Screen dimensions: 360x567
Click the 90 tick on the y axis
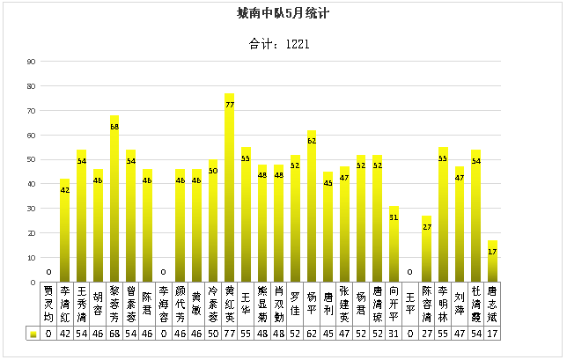pyautogui.click(x=31, y=62)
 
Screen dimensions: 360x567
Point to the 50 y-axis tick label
pyautogui.click(x=31, y=159)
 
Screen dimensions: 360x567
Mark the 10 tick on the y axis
pyautogui.click(x=31, y=258)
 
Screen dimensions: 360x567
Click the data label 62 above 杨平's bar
pyautogui.click(x=312, y=141)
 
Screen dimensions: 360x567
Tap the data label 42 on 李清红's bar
pyautogui.click(x=65, y=190)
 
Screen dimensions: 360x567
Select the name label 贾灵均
pyautogui.click(x=48, y=304)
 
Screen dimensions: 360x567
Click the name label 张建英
pyautogui.click(x=344, y=304)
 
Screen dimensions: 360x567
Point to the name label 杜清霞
pyautogui.click(x=475, y=304)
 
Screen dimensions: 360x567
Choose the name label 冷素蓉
pyautogui.click(x=213, y=304)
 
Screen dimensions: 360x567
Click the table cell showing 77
pyautogui.click(x=229, y=334)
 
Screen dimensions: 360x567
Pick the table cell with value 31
pyautogui.click(x=394, y=334)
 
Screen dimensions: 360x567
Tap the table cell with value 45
pyautogui.click(x=328, y=334)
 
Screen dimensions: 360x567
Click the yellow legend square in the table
pyautogui.click(x=33, y=334)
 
